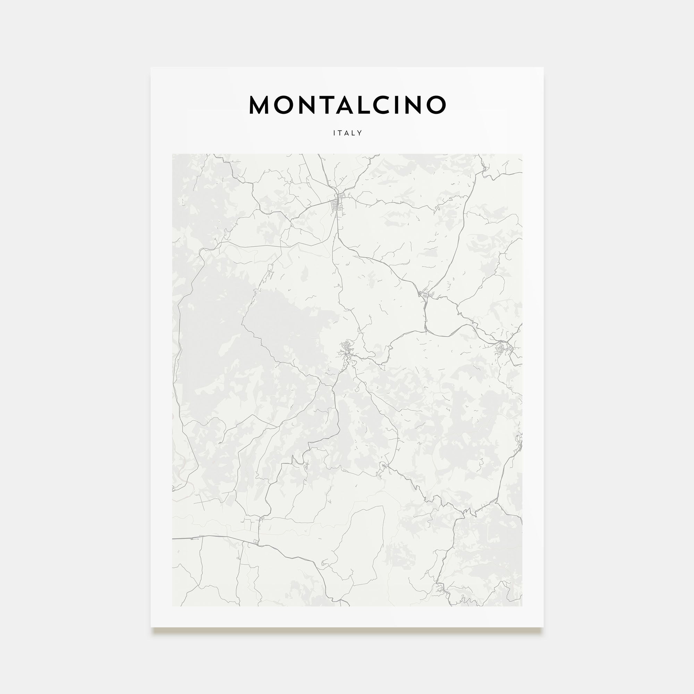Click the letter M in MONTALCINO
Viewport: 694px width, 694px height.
[260, 105]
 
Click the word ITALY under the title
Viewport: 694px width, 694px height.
[347, 133]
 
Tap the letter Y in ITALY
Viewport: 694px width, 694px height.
[359, 133]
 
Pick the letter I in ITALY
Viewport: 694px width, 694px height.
[335, 133]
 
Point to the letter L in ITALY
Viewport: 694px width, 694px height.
[353, 133]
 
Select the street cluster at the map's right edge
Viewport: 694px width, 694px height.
[503, 348]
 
